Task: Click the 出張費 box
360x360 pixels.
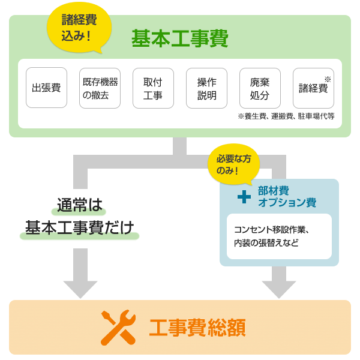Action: tap(47, 88)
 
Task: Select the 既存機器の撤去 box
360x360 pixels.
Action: tap(100, 88)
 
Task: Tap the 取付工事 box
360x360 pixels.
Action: tap(153, 88)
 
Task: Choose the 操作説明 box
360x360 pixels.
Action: tap(206, 88)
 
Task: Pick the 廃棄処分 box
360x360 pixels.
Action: tap(260, 88)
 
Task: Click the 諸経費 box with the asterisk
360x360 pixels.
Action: tap(313, 88)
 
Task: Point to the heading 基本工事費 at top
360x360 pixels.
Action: tap(180, 39)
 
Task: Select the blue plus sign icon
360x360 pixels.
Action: tap(244, 196)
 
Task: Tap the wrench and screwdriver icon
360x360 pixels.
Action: tap(117, 328)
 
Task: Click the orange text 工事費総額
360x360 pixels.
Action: tap(197, 328)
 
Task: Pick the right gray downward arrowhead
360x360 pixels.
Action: tap(279, 288)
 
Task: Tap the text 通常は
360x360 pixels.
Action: tap(80, 205)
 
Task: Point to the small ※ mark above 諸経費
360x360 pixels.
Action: tap(328, 79)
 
